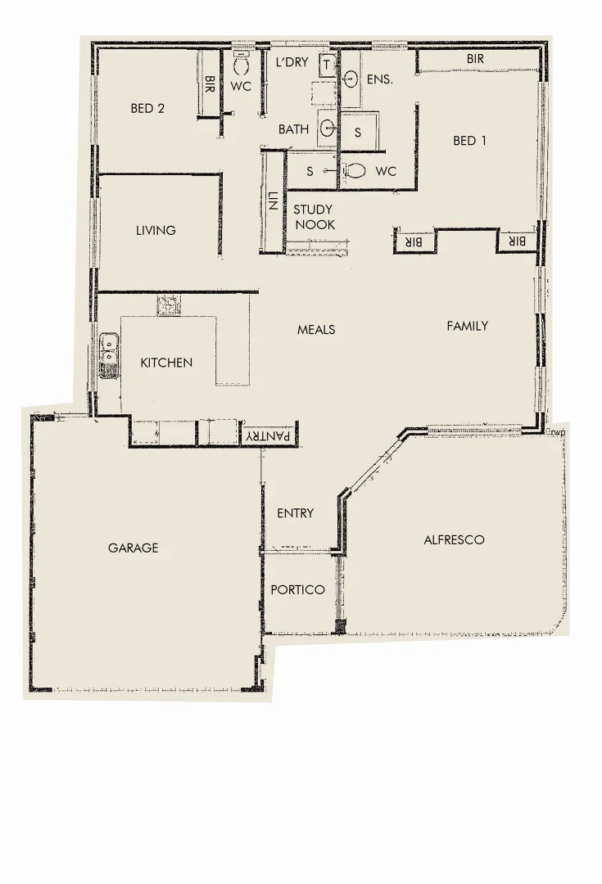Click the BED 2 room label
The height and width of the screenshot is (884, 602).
tap(147, 108)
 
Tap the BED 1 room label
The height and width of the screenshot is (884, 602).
tap(469, 141)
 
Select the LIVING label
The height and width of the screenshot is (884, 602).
tap(156, 231)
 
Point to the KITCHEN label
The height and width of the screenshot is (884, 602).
tap(166, 363)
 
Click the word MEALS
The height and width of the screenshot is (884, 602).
tap(316, 330)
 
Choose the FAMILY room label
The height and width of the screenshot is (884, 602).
tap(467, 326)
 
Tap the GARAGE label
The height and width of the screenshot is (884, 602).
tap(133, 548)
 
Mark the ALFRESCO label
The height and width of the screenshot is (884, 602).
tap(454, 540)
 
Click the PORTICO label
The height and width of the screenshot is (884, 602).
tap(297, 590)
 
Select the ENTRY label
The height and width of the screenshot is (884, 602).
tap(295, 513)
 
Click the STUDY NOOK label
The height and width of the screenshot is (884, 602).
tap(314, 217)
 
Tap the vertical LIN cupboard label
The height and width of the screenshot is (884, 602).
tap(272, 201)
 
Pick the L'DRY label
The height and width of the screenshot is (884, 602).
tap(292, 62)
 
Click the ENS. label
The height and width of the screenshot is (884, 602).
tap(380, 79)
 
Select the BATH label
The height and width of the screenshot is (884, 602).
tap(293, 129)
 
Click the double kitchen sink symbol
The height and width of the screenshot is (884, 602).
tap(107, 357)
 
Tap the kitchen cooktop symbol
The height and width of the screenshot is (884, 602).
tap(170, 304)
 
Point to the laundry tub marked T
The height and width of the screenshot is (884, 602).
tap(326, 64)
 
